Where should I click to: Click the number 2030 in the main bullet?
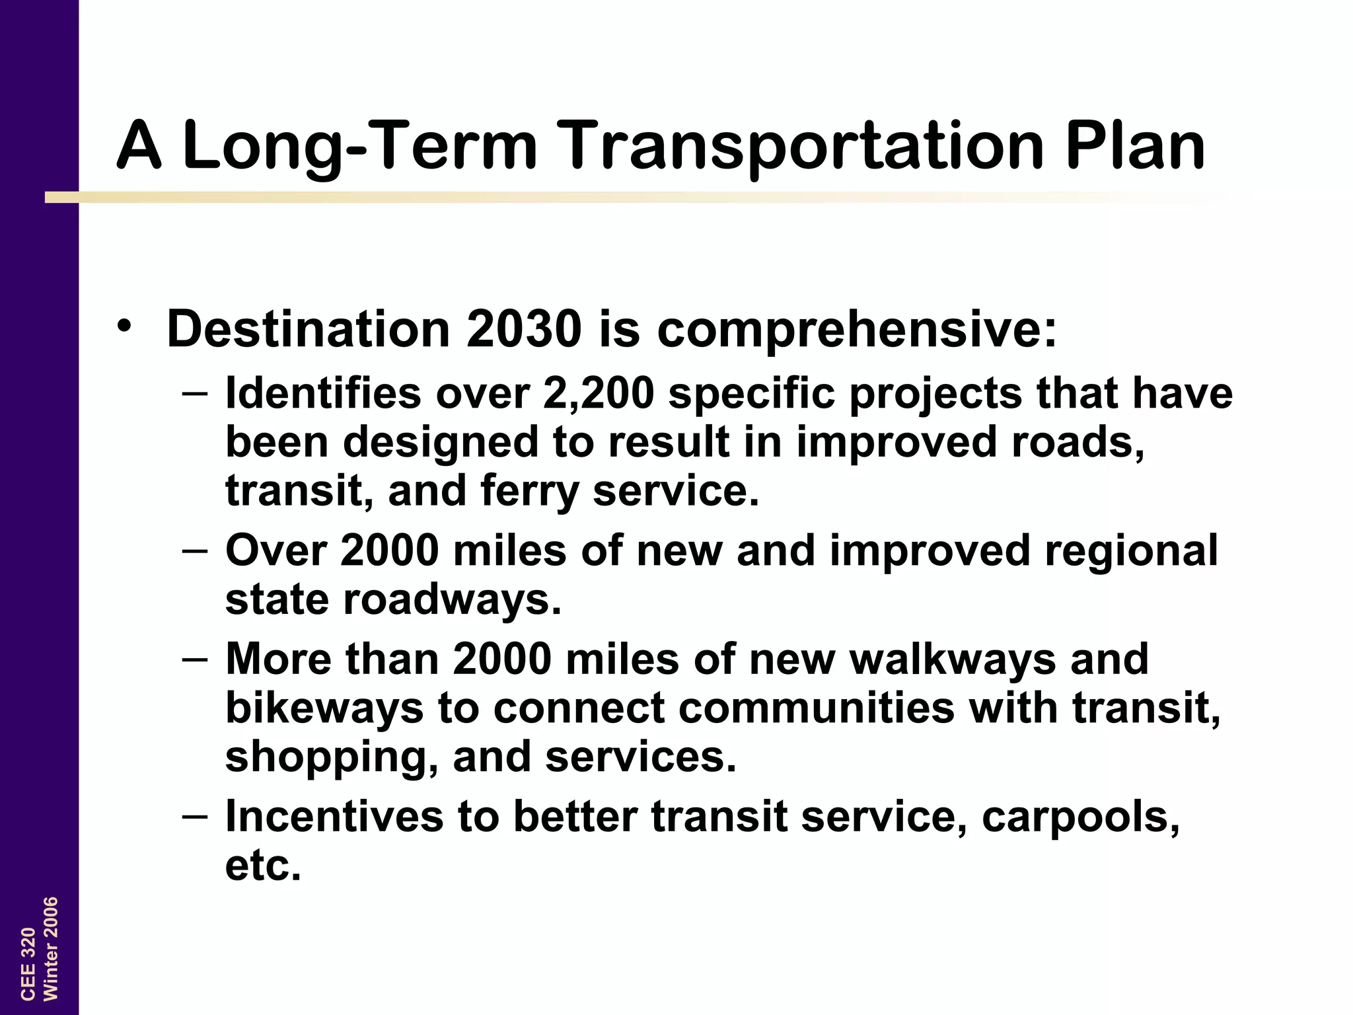tap(524, 329)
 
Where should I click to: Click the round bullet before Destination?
tap(124, 326)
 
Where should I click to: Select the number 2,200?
tap(599, 394)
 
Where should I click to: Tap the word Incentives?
tap(334, 817)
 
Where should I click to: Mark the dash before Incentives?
tap(195, 815)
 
